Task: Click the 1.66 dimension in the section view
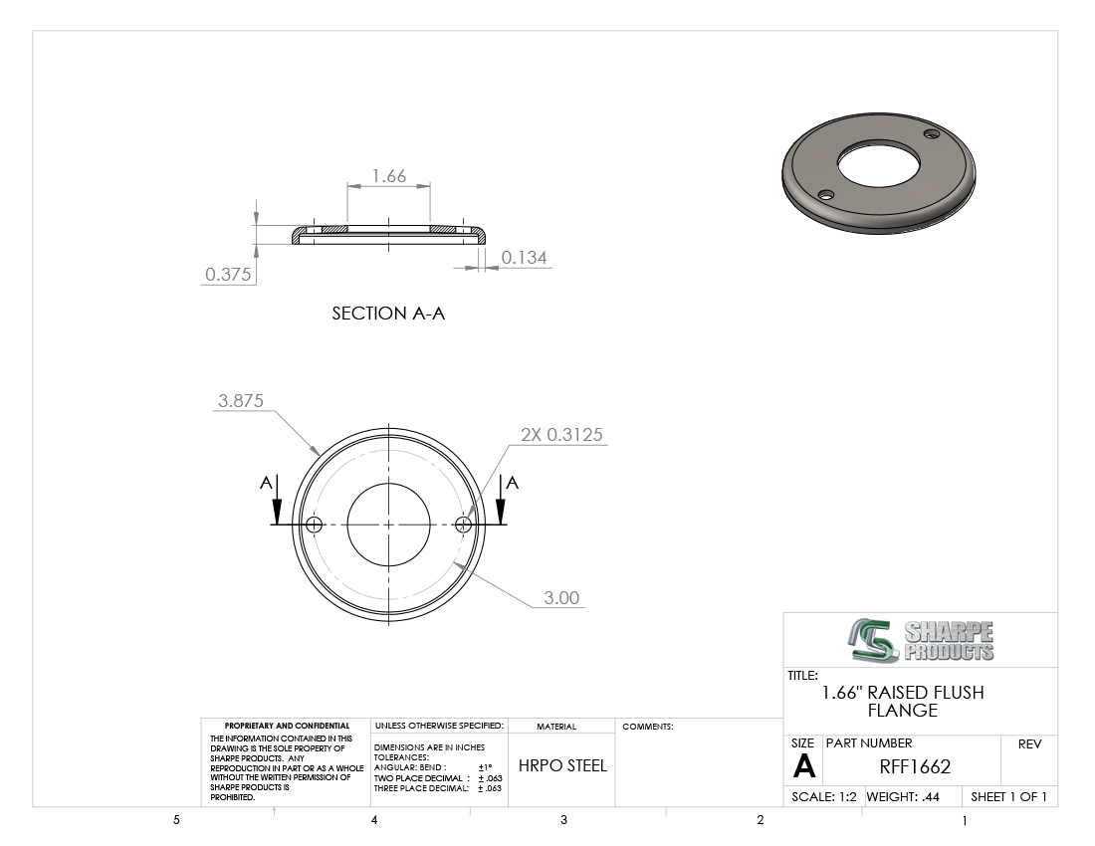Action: coord(389,176)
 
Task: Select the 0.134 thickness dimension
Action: coord(524,258)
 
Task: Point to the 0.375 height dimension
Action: coord(228,275)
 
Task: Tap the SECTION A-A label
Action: coord(388,314)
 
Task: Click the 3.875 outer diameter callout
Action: coord(241,401)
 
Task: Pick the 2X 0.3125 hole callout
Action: coord(561,435)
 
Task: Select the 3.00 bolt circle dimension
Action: coord(561,598)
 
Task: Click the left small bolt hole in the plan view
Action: coord(315,525)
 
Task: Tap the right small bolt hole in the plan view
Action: coord(463,525)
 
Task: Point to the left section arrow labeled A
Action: coord(278,500)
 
